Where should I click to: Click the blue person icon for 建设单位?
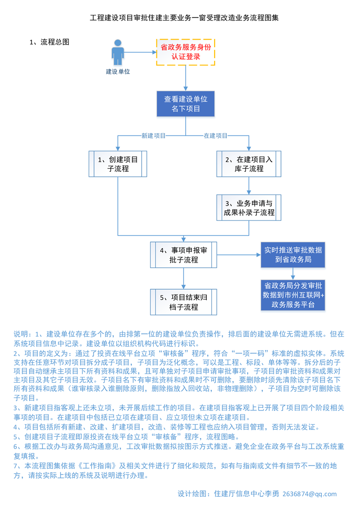click(118, 53)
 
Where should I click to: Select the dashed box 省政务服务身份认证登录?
click(185, 52)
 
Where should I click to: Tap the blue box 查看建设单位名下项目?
click(185, 104)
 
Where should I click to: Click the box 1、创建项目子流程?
click(118, 164)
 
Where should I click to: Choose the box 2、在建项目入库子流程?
click(249, 164)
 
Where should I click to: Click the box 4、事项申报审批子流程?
click(184, 255)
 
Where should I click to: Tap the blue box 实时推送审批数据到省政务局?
click(293, 255)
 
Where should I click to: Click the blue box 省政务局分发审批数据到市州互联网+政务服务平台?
click(293, 295)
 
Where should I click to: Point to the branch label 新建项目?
click(153, 135)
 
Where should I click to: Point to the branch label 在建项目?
click(215, 135)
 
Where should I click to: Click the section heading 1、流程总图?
click(50, 42)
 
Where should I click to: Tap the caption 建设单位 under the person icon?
click(118, 71)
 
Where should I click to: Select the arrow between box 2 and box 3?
click(249, 185)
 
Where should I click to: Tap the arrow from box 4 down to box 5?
click(184, 278)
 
